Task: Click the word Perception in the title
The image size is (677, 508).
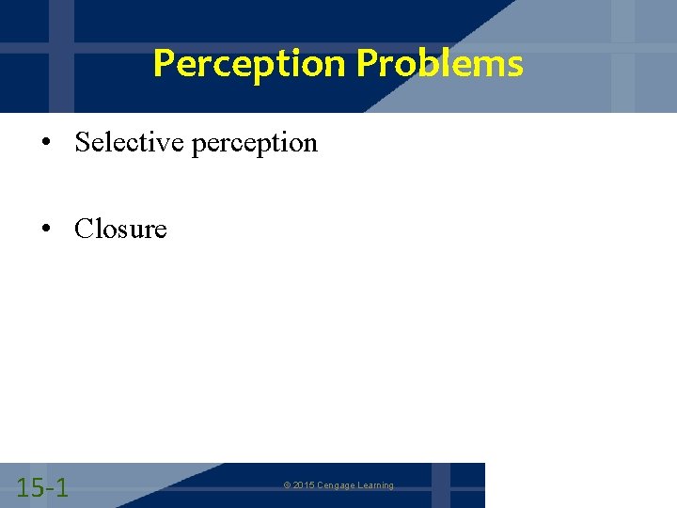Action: point(250,64)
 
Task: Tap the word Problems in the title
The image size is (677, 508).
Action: point(440,64)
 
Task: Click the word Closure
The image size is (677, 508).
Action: point(120,229)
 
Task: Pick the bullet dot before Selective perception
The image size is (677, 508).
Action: point(45,143)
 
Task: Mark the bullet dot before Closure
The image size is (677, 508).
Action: point(45,230)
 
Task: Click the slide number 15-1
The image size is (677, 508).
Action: point(42,487)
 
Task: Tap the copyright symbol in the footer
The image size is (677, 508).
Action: point(287,485)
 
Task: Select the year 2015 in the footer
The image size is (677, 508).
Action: point(303,485)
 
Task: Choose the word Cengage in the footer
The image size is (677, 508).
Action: point(336,485)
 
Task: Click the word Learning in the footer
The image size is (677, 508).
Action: point(375,485)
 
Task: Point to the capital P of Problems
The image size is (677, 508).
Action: point(366,64)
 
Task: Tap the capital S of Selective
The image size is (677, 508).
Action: point(82,142)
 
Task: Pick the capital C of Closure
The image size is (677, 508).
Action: point(83,229)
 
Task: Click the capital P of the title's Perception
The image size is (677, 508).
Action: point(163,64)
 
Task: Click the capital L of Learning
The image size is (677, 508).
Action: point(359,485)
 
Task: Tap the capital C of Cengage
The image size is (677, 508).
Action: point(319,485)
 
